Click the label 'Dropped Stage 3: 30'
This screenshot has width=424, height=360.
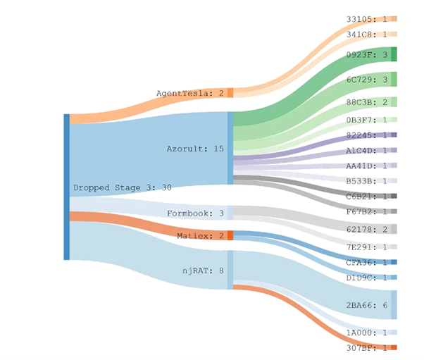(x=123, y=188)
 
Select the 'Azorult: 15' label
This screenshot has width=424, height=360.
(x=195, y=149)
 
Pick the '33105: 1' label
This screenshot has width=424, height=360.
(x=367, y=19)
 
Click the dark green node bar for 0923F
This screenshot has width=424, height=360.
(x=394, y=54)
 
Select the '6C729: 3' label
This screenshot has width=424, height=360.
(x=367, y=80)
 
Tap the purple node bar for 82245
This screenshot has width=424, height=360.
(x=394, y=135)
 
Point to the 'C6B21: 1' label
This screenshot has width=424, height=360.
(x=367, y=196)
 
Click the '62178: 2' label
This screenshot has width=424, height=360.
(x=367, y=230)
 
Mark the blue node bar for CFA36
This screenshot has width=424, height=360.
(x=394, y=262)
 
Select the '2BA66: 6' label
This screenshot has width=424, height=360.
(x=367, y=305)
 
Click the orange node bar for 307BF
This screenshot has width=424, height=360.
(x=394, y=347)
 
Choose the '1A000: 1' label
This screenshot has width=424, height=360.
(x=367, y=333)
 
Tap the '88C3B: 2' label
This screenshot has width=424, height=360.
(x=367, y=102)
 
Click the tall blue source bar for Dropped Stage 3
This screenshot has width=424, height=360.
(x=66, y=187)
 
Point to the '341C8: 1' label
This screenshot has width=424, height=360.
(x=367, y=34)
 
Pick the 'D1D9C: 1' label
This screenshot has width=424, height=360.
(x=367, y=278)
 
